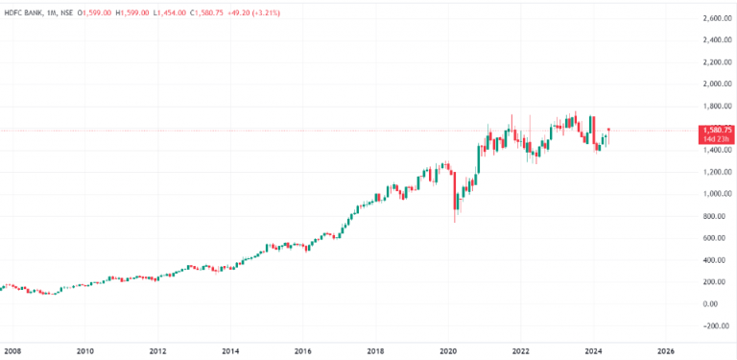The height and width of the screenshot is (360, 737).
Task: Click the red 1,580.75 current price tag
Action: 716,130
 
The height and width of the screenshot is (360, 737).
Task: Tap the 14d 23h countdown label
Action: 716,140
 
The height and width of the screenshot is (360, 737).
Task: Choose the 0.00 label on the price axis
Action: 709,303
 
